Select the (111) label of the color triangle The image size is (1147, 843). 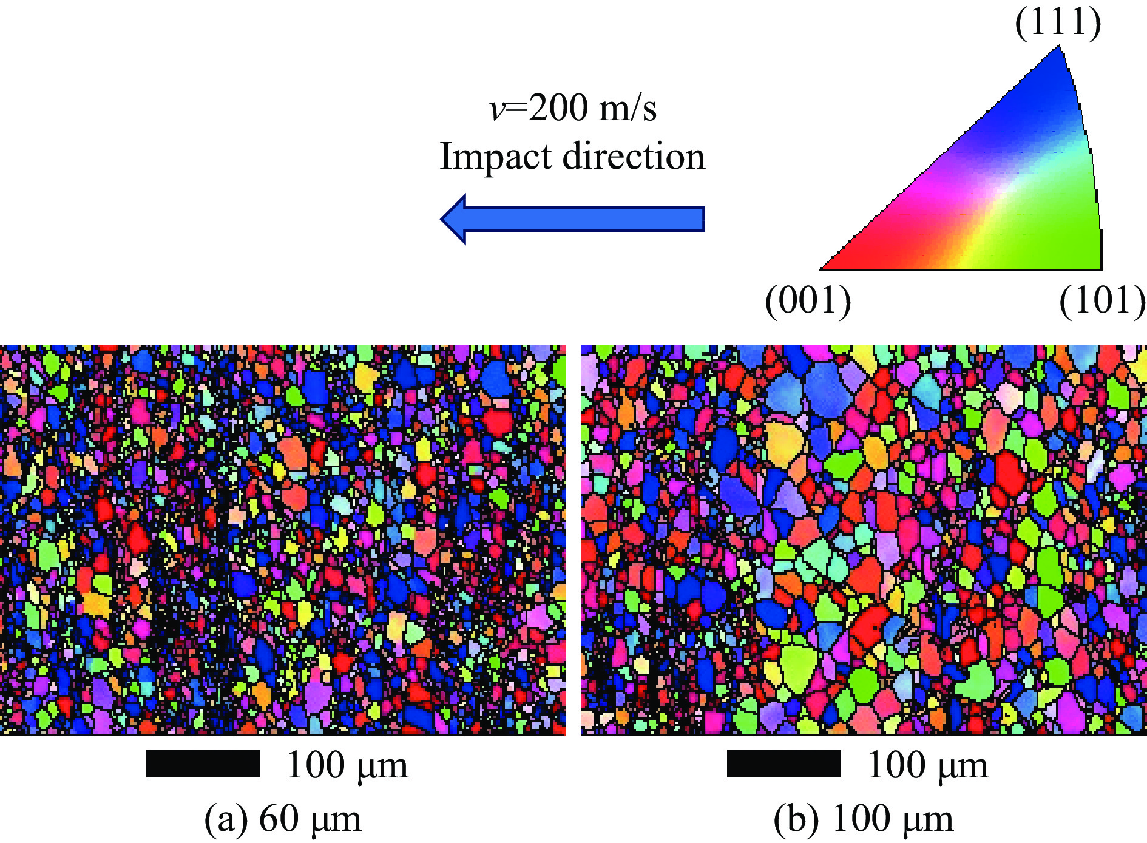(x=1058, y=23)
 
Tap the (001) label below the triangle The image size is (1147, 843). (x=808, y=300)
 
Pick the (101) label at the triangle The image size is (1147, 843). (x=1102, y=300)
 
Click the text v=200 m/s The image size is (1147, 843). (x=573, y=108)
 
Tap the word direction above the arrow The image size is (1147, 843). (x=634, y=157)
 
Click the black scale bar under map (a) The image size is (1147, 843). (x=203, y=763)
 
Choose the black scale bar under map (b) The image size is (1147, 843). (x=783, y=763)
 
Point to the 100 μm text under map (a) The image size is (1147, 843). (x=347, y=765)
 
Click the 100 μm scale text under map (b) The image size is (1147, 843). (x=928, y=765)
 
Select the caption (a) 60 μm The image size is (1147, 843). (x=283, y=819)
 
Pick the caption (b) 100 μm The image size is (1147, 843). (x=864, y=819)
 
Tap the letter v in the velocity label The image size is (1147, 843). (x=496, y=109)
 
